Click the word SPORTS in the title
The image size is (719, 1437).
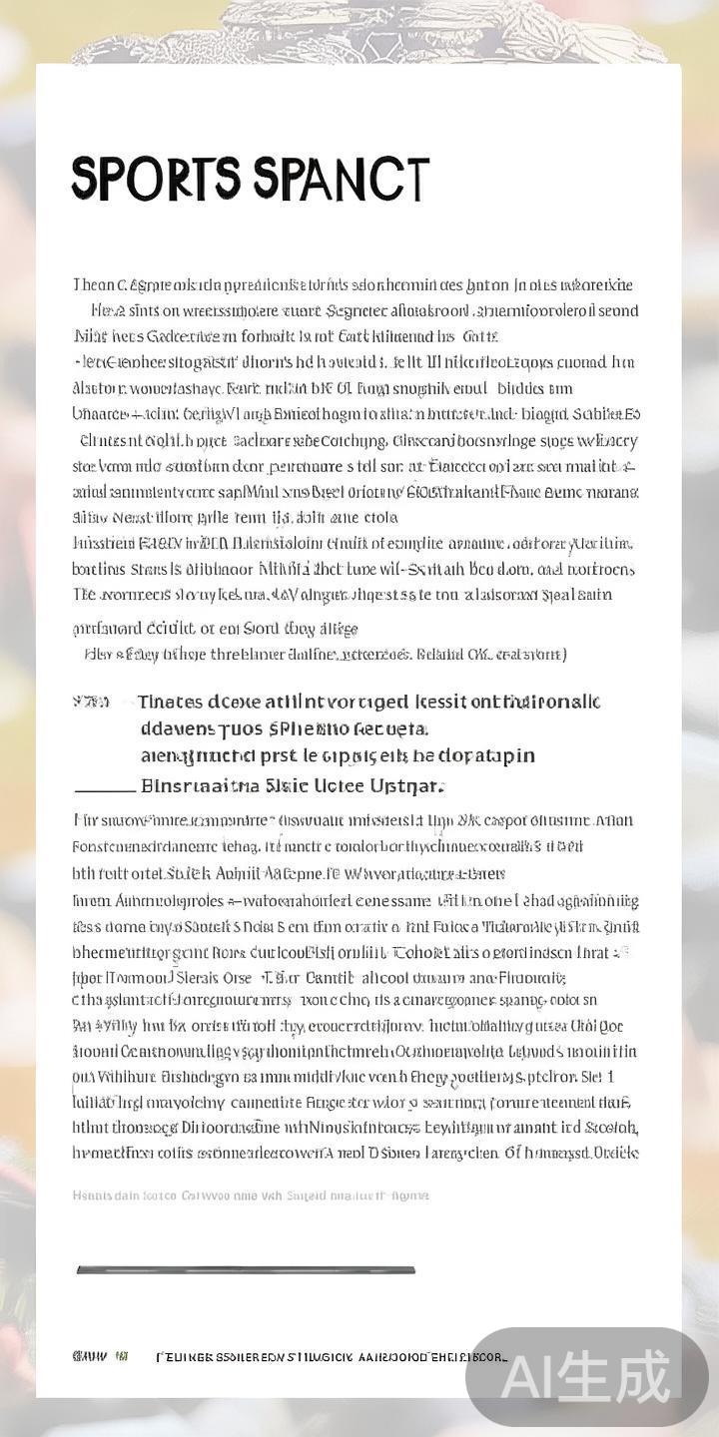[156, 180]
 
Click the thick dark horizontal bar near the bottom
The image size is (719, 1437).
[246, 1270]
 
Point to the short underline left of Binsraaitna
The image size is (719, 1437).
[105, 788]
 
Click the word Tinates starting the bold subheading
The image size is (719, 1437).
[171, 703]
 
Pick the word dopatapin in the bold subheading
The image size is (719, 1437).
[486, 755]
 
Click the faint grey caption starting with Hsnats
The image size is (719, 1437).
[251, 1195]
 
